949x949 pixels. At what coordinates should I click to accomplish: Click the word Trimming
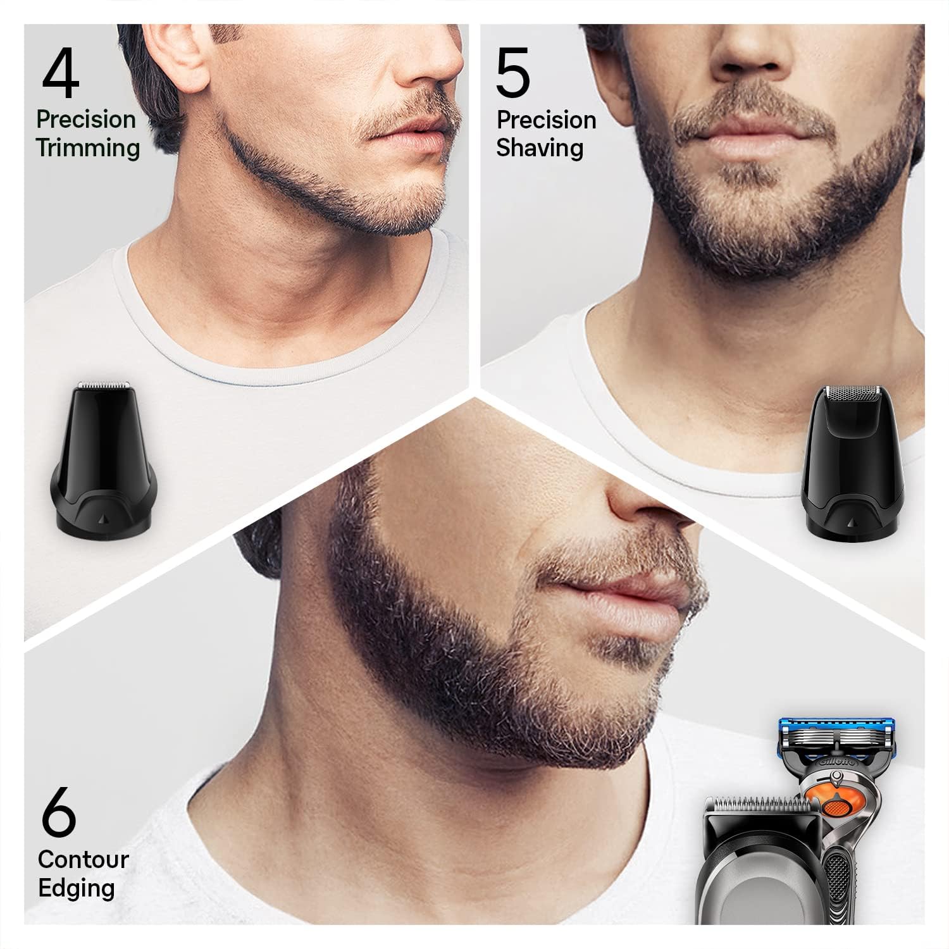[x=88, y=149]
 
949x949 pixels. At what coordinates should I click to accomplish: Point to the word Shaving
[x=540, y=148]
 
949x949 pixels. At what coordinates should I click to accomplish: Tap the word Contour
[x=83, y=859]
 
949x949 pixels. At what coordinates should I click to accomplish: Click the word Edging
[x=77, y=888]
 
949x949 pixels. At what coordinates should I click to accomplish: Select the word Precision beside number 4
[x=86, y=119]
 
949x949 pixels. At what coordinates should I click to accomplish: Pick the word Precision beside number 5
[x=547, y=120]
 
